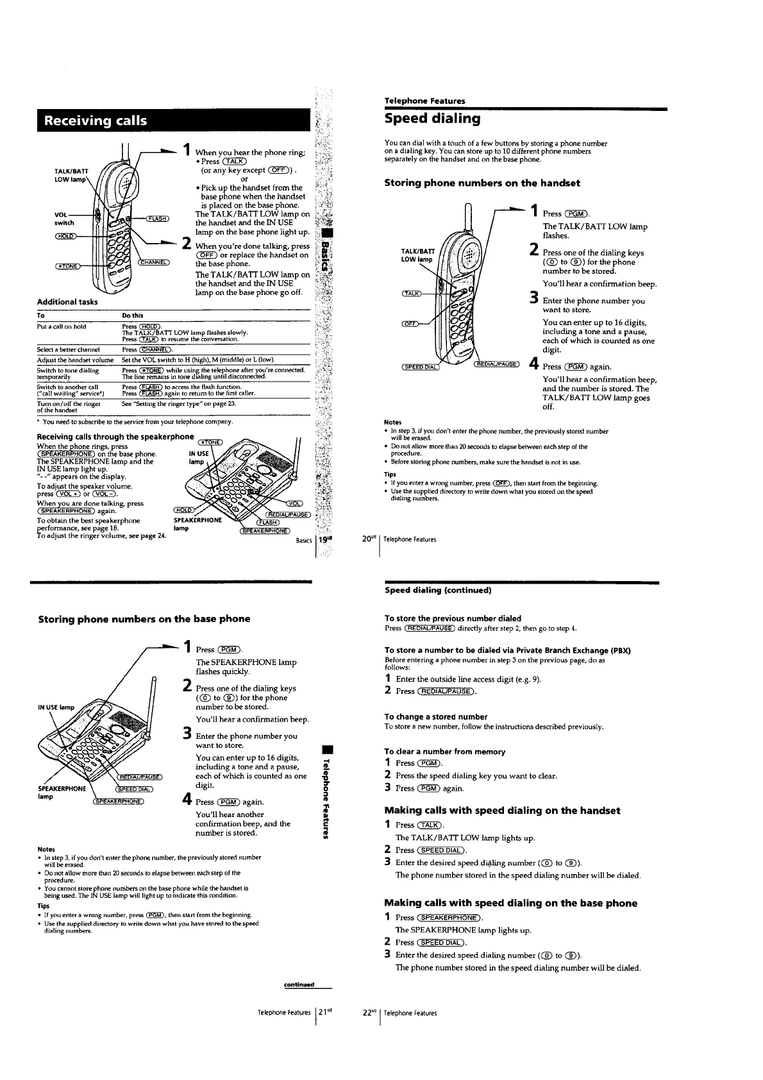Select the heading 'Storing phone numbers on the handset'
pos(482,183)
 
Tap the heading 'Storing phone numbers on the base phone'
pos(144,619)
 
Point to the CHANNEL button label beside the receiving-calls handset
pos(154,262)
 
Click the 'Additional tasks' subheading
pos(67,301)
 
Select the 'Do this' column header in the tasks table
pos(133,316)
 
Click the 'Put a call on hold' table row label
pos(62,326)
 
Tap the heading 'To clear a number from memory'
pos(444,751)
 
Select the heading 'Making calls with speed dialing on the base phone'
pos(510,903)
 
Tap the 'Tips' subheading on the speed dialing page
pos(390,474)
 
